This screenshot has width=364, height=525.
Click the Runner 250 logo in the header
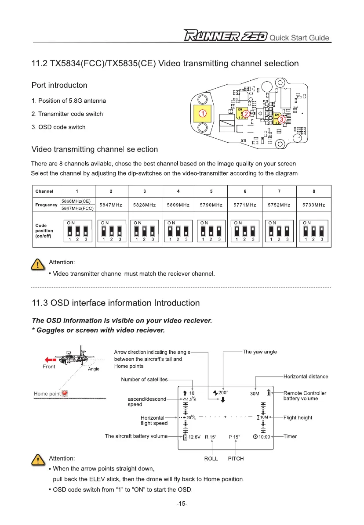point(225,36)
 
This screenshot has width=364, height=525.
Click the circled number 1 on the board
point(203,113)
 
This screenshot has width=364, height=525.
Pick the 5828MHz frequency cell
point(145,205)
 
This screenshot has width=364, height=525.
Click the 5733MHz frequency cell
point(313,205)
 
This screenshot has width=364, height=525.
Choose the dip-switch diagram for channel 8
point(313,231)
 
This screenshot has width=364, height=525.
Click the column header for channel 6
point(244,191)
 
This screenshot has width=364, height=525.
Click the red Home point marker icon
point(64,392)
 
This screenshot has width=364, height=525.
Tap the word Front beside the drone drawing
point(49,367)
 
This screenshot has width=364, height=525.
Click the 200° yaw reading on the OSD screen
point(223,392)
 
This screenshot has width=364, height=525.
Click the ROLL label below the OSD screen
point(211,458)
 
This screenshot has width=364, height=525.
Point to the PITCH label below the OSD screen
point(236,458)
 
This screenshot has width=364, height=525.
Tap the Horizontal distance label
point(306,376)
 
